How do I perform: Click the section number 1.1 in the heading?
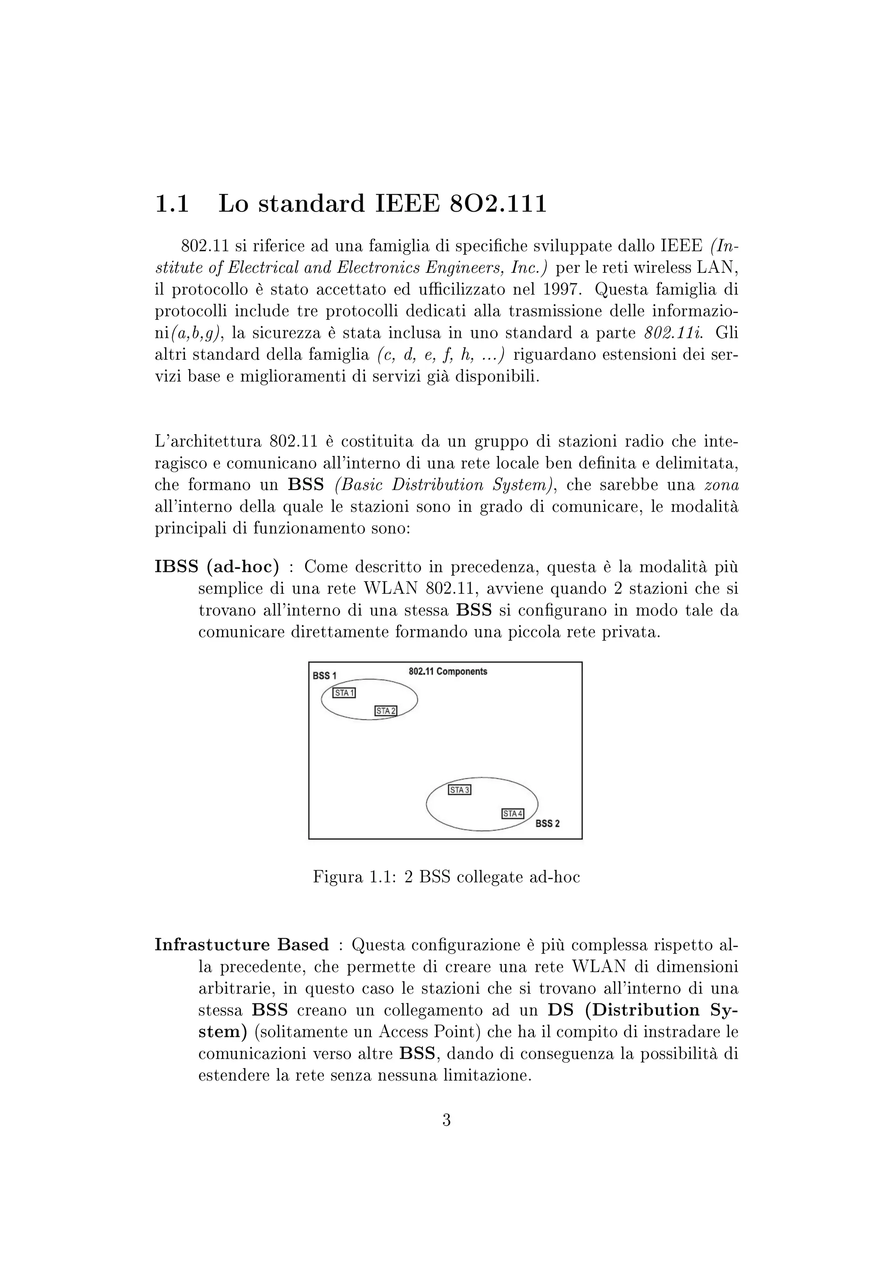[172, 204]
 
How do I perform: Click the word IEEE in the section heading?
[407, 204]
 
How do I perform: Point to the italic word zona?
[722, 485]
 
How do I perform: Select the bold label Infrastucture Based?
[241, 945]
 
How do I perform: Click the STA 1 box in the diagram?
[344, 693]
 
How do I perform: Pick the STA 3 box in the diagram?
[460, 790]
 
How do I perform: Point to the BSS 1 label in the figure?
[325, 676]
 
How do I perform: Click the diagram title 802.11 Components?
[447, 671]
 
